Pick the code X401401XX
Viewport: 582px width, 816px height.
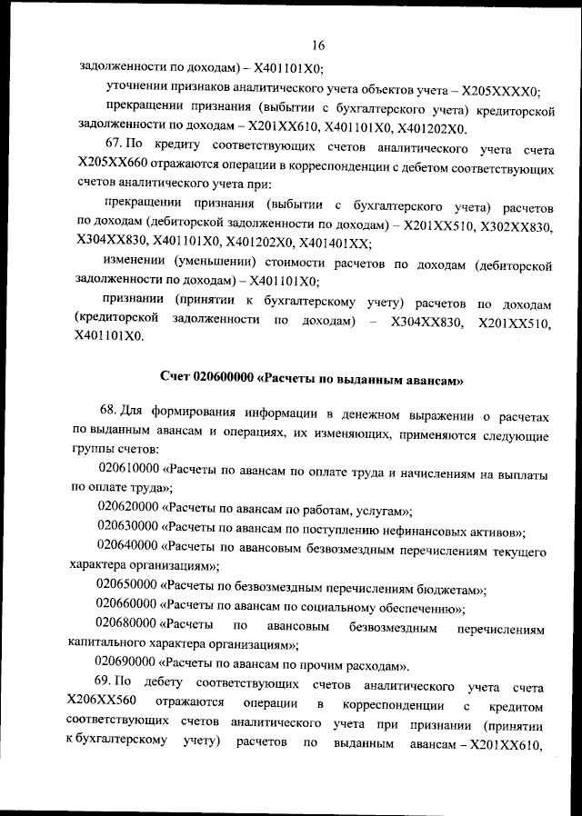pos(334,243)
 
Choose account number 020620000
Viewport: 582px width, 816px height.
pos(127,512)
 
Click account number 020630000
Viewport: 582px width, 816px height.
pos(127,531)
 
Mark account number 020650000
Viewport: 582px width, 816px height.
pos(127,589)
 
